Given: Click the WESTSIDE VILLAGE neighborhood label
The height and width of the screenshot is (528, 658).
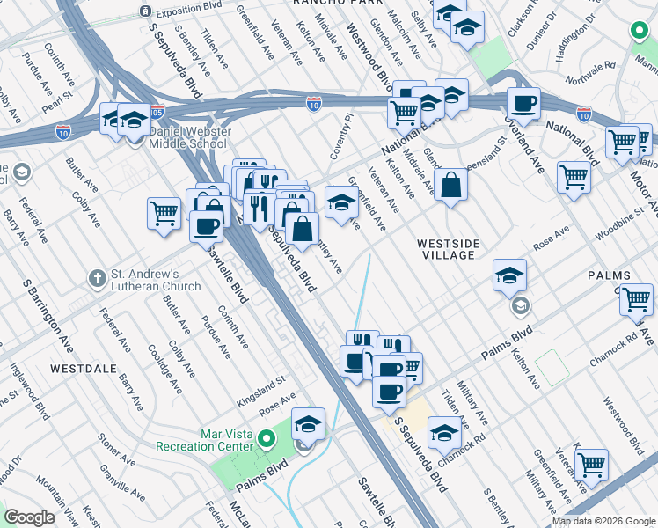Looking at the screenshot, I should pyautogui.click(x=446, y=247).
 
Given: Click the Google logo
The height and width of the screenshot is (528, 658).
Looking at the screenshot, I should pyautogui.click(x=30, y=517).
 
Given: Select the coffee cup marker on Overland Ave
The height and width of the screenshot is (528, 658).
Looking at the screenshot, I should pyautogui.click(x=524, y=104).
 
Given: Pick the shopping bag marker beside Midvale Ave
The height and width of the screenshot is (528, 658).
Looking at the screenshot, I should pyautogui.click(x=450, y=186).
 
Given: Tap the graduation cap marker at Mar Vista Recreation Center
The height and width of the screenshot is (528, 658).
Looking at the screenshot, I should pyautogui.click(x=309, y=425).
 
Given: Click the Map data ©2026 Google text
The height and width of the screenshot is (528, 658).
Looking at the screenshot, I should pyautogui.click(x=603, y=521).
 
